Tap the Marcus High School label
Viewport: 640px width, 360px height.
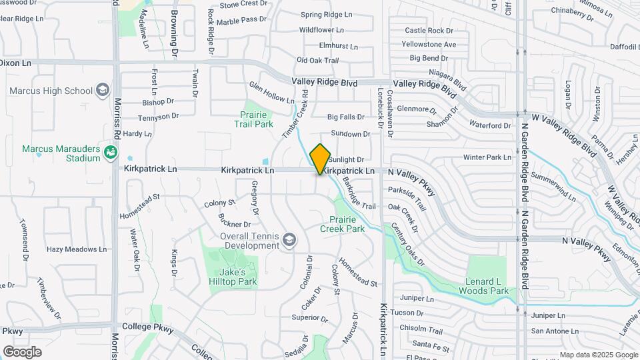(x=51, y=91)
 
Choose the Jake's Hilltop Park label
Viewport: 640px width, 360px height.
(x=238, y=277)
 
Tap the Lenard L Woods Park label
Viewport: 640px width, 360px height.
(x=483, y=286)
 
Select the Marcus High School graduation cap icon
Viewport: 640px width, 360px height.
(x=102, y=89)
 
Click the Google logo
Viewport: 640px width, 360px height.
(x=23, y=351)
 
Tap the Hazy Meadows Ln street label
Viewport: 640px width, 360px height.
(x=76, y=249)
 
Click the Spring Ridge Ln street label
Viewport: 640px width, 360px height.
(x=326, y=15)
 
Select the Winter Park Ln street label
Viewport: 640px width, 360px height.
(x=487, y=157)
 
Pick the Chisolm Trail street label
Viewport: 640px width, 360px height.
(x=421, y=330)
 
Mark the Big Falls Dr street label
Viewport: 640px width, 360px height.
(x=346, y=117)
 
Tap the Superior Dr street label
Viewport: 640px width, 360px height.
(x=305, y=317)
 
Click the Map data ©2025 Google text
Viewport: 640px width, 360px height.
(x=597, y=355)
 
